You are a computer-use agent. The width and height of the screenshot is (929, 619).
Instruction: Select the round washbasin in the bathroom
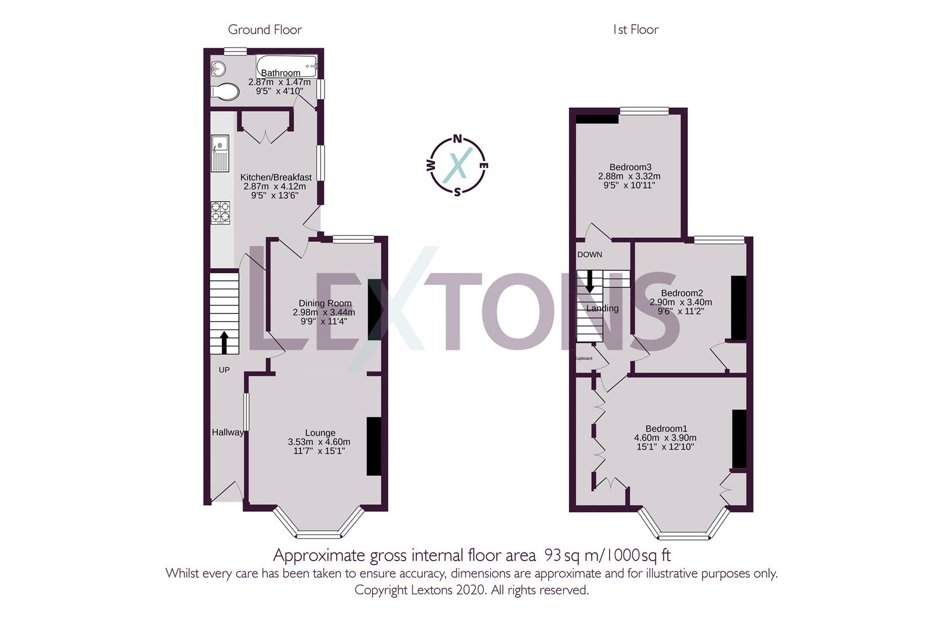click(x=218, y=68)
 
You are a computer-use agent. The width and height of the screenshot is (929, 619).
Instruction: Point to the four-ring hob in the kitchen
click(x=220, y=212)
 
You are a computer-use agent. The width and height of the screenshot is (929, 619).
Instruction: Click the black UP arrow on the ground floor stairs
click(x=224, y=342)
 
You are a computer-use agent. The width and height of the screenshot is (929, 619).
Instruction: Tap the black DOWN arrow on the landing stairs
click(x=590, y=280)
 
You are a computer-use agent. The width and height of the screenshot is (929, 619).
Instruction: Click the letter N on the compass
click(x=458, y=138)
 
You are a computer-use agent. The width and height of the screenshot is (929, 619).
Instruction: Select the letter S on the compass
click(x=457, y=192)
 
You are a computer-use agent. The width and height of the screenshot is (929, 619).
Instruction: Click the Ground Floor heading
click(x=265, y=30)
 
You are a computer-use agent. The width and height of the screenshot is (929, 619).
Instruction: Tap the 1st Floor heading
click(x=635, y=30)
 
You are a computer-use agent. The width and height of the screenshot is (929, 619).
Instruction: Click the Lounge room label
click(x=320, y=433)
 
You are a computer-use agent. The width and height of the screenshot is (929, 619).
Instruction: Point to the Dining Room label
click(x=325, y=303)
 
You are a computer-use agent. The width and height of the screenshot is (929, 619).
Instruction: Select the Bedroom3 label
click(x=630, y=167)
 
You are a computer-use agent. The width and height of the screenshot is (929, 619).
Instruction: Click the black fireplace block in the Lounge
click(x=374, y=446)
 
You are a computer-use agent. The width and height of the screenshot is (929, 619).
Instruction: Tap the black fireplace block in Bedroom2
click(x=739, y=308)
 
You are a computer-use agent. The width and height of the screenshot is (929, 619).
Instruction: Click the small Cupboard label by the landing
click(x=583, y=358)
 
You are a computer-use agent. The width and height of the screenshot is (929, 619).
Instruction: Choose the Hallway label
click(x=228, y=432)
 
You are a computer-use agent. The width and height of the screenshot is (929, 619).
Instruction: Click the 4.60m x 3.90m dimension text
click(x=665, y=437)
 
